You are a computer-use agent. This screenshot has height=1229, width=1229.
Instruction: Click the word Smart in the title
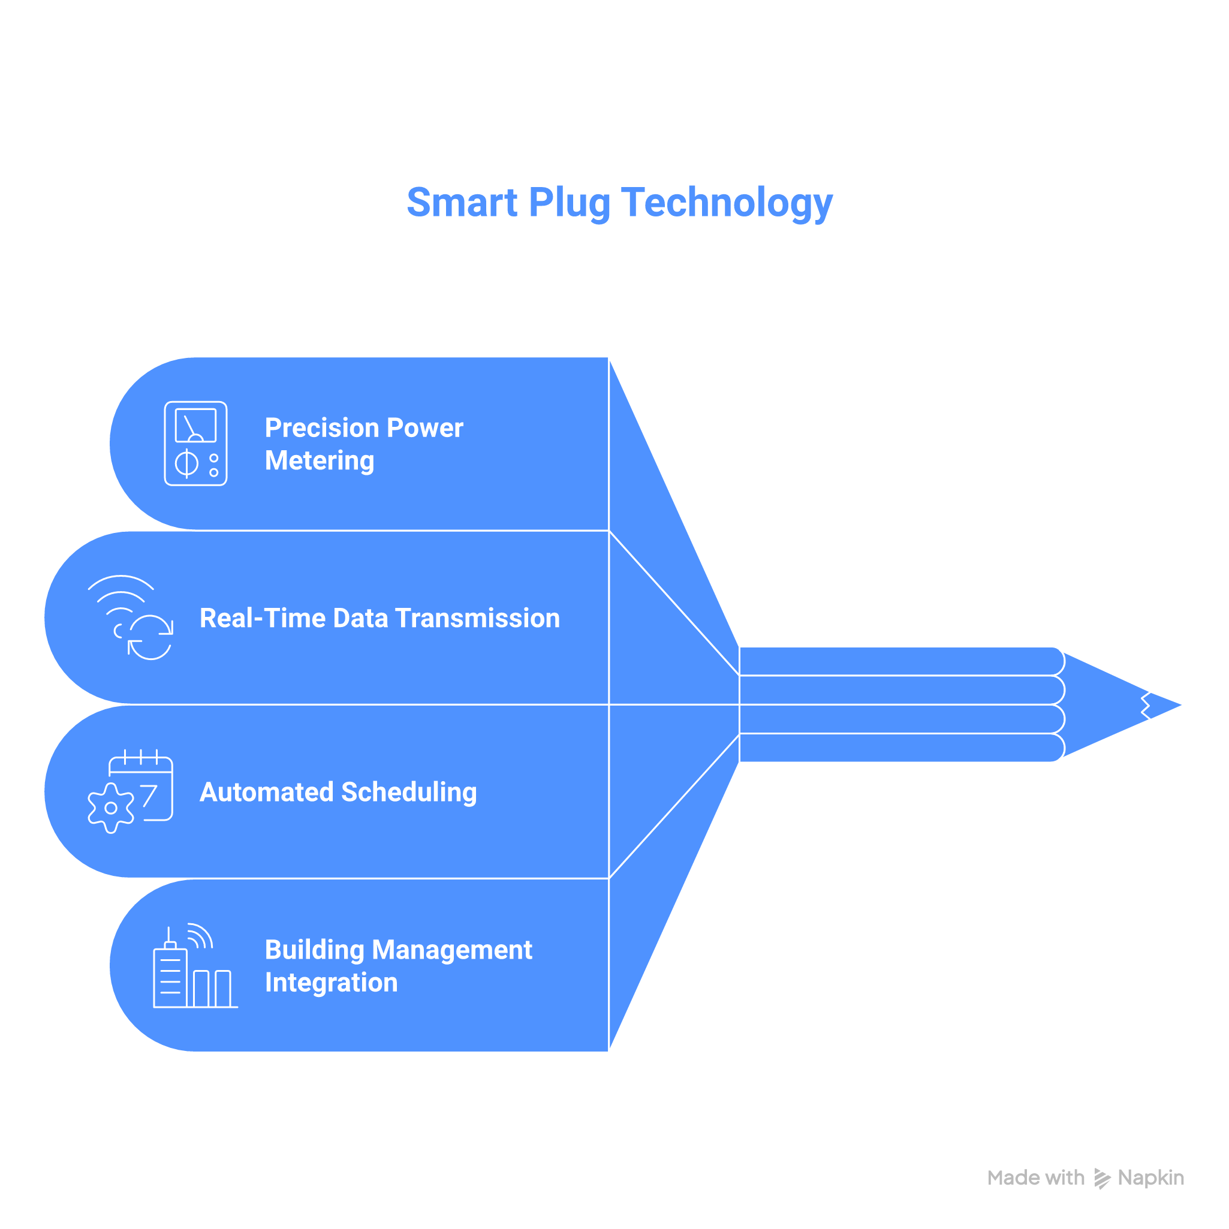point(462,202)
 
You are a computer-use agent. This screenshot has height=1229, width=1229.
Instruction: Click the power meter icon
point(195,444)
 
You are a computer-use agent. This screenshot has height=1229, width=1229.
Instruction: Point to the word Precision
point(321,427)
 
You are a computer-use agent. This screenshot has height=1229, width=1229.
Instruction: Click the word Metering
point(320,460)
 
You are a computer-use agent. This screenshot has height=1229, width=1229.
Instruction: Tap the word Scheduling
point(408,793)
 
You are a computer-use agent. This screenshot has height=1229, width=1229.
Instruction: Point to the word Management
point(452,950)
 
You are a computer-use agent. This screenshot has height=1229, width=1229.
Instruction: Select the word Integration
point(331,983)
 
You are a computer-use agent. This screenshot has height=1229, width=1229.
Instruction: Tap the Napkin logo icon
point(1102,1178)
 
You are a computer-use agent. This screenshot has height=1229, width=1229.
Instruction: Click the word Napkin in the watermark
point(1150,1177)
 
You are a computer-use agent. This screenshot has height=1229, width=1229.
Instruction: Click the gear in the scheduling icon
point(111,808)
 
